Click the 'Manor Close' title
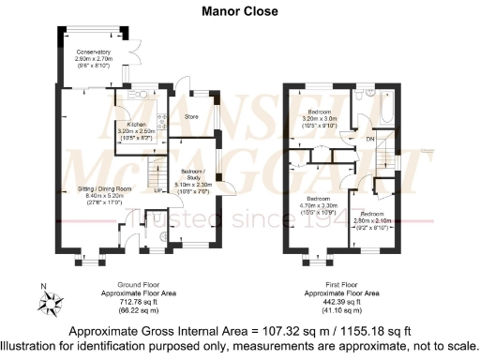(239, 12)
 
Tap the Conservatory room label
(93, 52)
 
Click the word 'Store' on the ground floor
(192, 117)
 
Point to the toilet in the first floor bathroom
(372, 96)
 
